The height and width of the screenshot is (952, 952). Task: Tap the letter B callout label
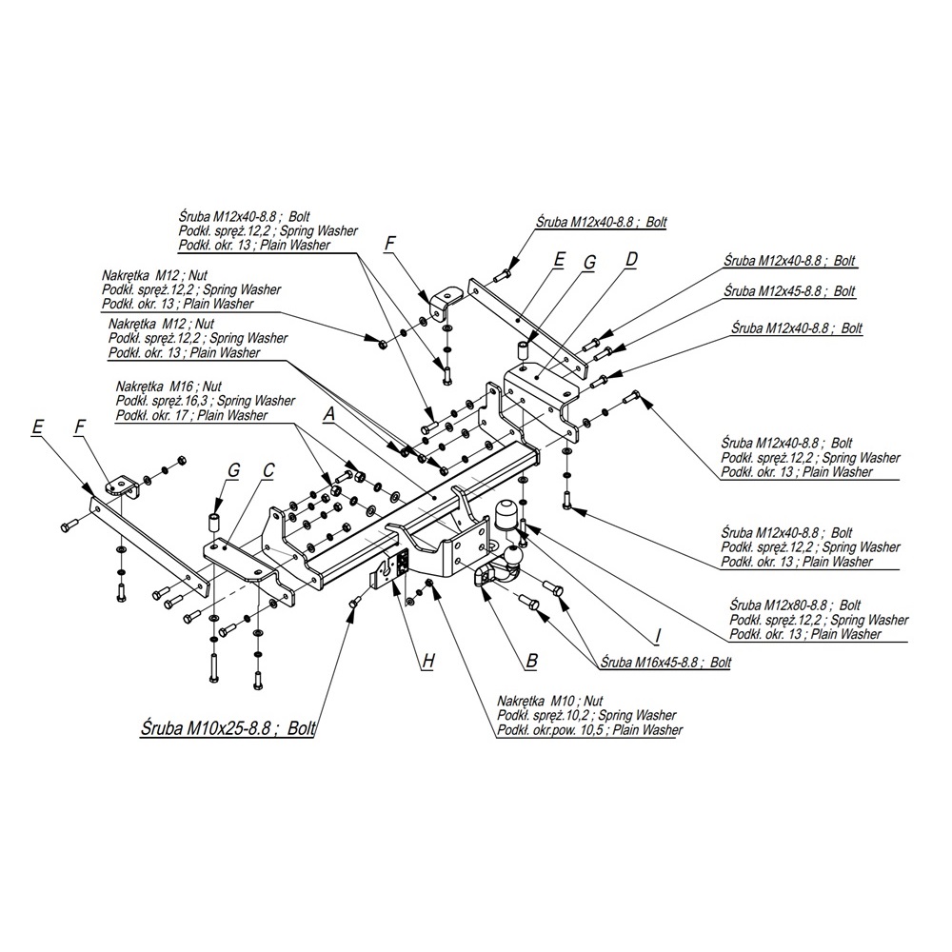[x=531, y=659]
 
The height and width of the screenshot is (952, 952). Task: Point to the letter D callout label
[x=631, y=258]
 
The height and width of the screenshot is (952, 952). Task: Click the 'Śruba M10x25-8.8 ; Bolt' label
[x=221, y=728]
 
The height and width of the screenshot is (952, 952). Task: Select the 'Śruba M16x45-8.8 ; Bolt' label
[x=661, y=662]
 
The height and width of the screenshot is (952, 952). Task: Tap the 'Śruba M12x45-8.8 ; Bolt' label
[x=789, y=290]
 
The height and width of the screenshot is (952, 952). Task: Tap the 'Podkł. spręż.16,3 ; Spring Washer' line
[x=205, y=401]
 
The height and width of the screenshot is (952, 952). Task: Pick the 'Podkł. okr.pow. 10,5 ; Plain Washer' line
[x=589, y=730]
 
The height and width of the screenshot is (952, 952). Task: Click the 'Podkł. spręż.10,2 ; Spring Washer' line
[x=585, y=715]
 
